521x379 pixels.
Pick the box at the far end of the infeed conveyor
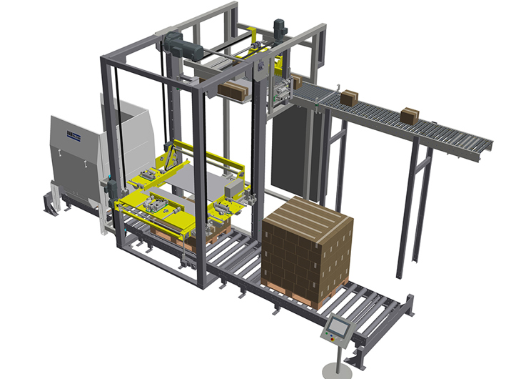[x=410, y=115]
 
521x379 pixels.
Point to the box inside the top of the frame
[x=232, y=91]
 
